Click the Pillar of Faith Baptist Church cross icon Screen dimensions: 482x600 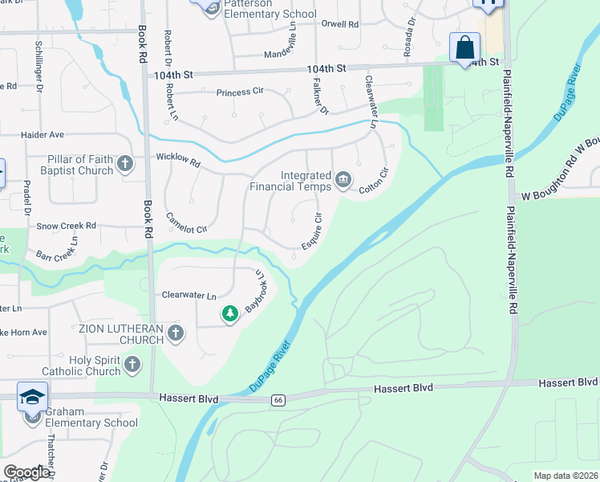tap(124, 165)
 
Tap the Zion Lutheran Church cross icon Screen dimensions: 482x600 tap(176, 333)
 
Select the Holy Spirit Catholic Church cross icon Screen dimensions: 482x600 tap(132, 366)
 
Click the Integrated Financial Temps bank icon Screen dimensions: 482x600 tap(343, 178)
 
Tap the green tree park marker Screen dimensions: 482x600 tap(230, 313)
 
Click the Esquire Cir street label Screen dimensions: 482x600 tap(310, 231)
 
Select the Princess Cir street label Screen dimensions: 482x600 tap(240, 92)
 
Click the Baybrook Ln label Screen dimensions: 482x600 tap(256, 290)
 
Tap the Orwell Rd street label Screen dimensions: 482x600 tap(339, 24)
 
